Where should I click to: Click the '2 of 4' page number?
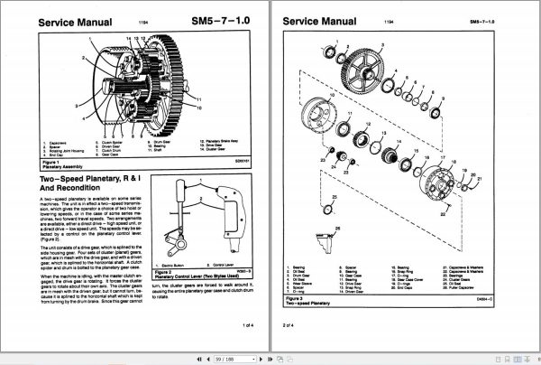289,324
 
